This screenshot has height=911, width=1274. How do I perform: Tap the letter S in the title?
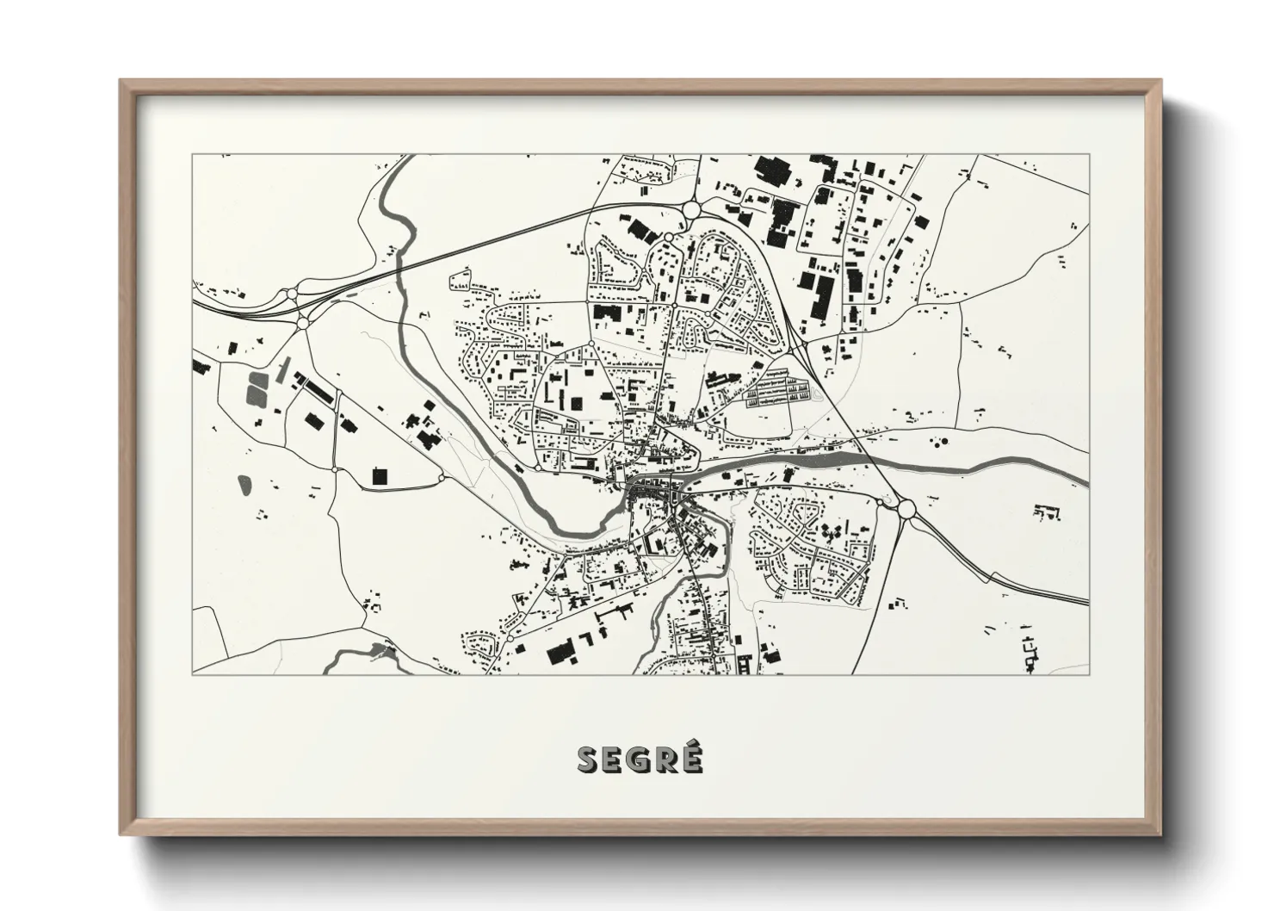pos(590,759)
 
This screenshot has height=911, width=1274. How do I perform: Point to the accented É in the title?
pos(693,758)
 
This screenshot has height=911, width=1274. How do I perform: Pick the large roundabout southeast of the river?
pos(906,509)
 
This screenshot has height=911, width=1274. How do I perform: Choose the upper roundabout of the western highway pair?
pos(292,294)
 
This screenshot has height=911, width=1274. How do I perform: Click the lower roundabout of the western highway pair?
pos(303,323)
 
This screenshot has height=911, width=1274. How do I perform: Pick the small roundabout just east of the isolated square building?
pos(442,477)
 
